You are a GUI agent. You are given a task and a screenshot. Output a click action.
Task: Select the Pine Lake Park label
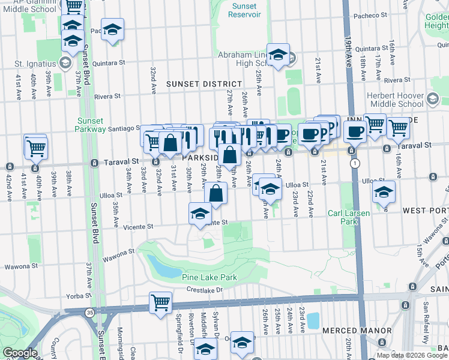pyautogui.click(x=210, y=278)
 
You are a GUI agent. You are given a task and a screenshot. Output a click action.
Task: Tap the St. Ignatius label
pyautogui.click(x=35, y=64)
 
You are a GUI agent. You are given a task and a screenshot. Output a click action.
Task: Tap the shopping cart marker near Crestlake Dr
pyautogui.click(x=160, y=302)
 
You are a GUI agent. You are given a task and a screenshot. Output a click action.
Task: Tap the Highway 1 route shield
pyautogui.click(x=356, y=163)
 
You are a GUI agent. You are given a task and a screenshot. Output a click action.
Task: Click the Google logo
pyautogui.click(x=20, y=353)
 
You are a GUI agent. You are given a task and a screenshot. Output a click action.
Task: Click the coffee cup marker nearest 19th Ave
pyautogui.click(x=354, y=131)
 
